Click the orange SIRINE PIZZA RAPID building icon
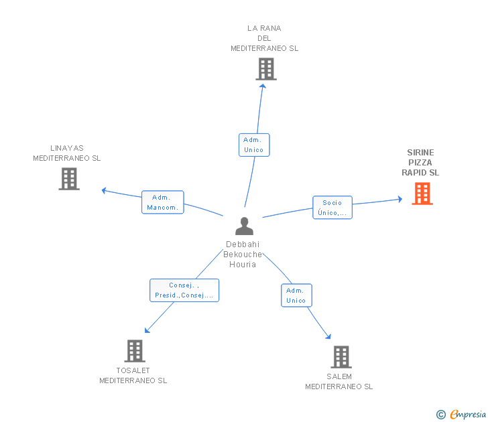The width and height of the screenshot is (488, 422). [x=422, y=194]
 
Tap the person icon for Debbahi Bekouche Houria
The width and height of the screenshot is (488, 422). [x=244, y=226]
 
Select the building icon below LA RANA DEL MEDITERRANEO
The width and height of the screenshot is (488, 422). [x=266, y=69]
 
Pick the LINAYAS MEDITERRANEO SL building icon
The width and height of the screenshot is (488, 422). [x=69, y=179]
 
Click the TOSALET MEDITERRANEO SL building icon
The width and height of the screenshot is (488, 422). [x=135, y=351]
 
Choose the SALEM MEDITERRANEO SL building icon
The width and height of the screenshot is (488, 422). [x=341, y=357]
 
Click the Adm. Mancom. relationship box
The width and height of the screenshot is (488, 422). [x=163, y=202]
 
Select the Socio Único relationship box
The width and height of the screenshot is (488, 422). [x=332, y=208]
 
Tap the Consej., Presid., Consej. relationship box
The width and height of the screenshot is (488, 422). [x=184, y=290]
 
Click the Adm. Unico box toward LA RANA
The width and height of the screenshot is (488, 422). [x=254, y=145]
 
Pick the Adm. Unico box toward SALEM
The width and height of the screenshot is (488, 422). [x=296, y=295]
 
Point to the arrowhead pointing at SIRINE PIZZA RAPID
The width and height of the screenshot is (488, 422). [x=400, y=199]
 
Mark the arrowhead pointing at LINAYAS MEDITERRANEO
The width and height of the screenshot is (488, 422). [x=104, y=190]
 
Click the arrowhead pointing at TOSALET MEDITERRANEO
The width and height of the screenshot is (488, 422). [x=147, y=330]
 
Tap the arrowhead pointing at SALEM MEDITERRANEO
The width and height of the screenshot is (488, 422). [x=328, y=336]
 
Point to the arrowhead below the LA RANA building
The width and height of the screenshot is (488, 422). [x=263, y=86]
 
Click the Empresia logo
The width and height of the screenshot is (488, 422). [x=461, y=414]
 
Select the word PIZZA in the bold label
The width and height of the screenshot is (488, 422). [x=420, y=163]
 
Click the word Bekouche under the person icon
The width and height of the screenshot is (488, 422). [x=243, y=255]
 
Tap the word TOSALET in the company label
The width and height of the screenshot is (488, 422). [x=133, y=370]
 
